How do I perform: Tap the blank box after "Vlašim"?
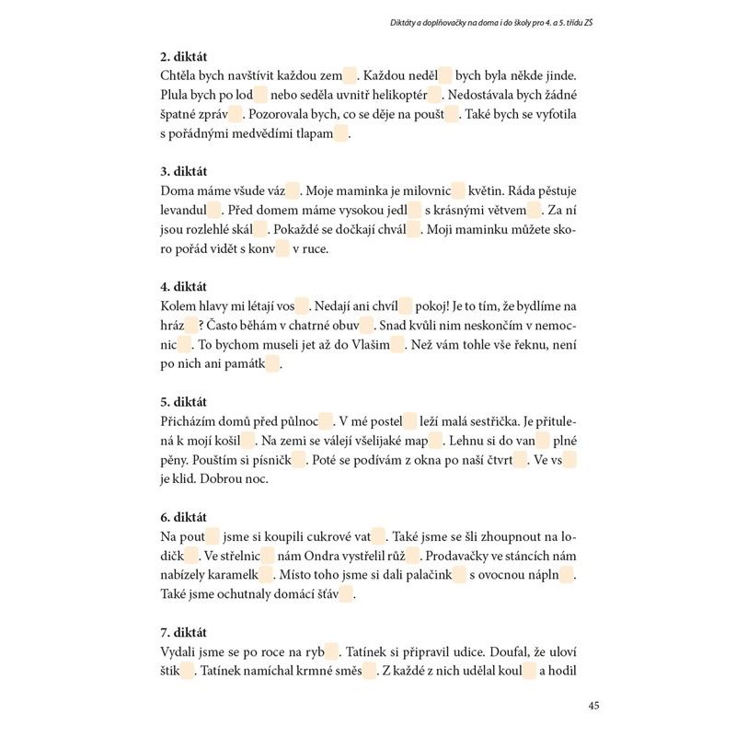coord(397,345)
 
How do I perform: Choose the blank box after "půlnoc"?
coord(325,421)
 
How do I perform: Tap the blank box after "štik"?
coord(188,672)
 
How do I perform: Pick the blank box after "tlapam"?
coord(341,134)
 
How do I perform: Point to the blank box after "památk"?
coord(272,364)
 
